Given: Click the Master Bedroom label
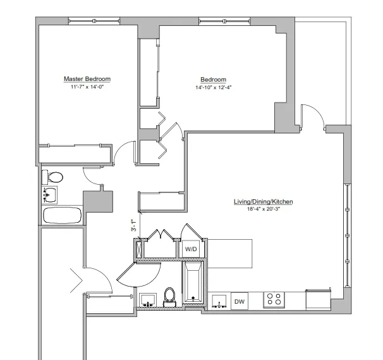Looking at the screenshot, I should [x=87, y=79].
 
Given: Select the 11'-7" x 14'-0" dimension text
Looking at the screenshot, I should [x=87, y=87].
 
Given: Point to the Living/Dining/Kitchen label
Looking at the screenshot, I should [x=264, y=202].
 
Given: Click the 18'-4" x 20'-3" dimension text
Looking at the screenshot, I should [x=264, y=209].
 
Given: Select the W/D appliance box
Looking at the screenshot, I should [x=190, y=249].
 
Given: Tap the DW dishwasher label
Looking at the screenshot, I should [x=240, y=302].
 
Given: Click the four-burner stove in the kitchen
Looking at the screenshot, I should [x=274, y=299].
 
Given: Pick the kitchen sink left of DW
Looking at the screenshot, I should [x=220, y=301].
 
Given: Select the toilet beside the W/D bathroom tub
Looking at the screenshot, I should [x=169, y=296].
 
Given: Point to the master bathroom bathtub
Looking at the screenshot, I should [x=62, y=215].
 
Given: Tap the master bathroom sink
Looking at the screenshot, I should [x=49, y=194].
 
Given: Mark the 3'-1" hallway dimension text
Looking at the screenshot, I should [x=133, y=227].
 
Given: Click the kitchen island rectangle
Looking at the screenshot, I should [x=230, y=253].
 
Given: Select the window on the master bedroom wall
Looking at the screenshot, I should [x=88, y=22].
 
